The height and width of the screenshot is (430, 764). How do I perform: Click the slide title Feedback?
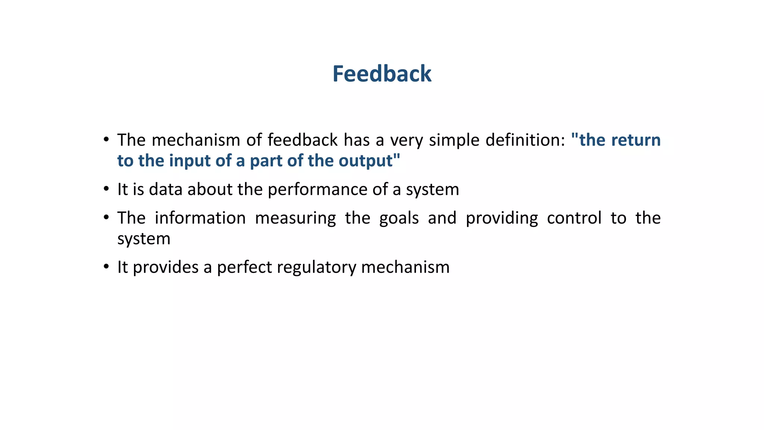point(382,74)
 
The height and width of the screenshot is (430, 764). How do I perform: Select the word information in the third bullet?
point(200,218)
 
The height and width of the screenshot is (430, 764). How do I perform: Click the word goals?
point(399,218)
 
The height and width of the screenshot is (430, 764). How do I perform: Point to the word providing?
point(502,218)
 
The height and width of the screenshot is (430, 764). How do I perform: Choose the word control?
point(574,218)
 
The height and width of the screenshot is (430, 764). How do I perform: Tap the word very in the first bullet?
point(406,141)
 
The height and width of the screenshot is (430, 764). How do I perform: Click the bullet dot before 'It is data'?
point(106,188)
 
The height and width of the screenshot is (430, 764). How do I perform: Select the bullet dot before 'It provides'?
point(106,267)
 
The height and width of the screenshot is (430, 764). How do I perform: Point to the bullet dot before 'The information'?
point(106,217)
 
